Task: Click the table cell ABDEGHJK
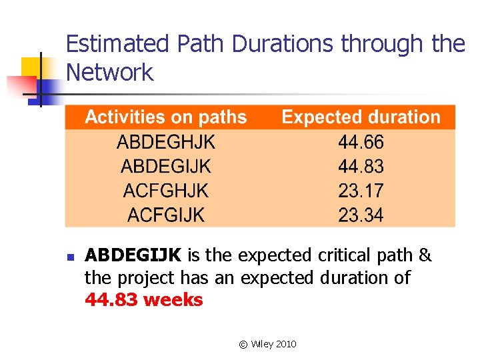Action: (166, 142)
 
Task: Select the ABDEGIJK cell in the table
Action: (166, 166)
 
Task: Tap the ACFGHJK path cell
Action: (166, 191)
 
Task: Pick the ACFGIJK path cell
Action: (166, 215)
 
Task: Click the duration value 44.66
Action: (361, 142)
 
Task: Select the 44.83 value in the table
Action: (361, 166)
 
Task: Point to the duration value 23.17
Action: (361, 191)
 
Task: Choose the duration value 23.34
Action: (361, 215)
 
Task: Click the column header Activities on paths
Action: (166, 117)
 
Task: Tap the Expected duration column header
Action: (361, 117)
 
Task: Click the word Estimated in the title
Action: (118, 44)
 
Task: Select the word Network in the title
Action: (110, 72)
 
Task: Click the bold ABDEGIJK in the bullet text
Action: (133, 255)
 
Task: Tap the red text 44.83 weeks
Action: (144, 300)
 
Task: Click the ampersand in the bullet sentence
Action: (425, 255)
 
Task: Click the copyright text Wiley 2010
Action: (267, 344)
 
